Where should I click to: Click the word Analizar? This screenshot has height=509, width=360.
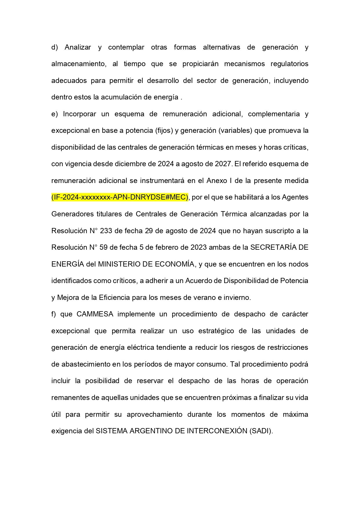click(x=78, y=47)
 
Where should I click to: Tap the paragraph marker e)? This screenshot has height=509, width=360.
click(x=55, y=114)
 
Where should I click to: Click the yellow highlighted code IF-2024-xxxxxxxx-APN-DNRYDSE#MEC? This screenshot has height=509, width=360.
click(x=120, y=197)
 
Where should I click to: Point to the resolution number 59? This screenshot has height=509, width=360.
click(x=104, y=247)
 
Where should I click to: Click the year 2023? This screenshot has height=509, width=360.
click(x=198, y=247)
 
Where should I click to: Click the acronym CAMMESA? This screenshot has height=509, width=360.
click(x=95, y=314)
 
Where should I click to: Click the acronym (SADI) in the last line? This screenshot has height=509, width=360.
click(x=261, y=431)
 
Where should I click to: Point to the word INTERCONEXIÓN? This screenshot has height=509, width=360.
click(x=217, y=431)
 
